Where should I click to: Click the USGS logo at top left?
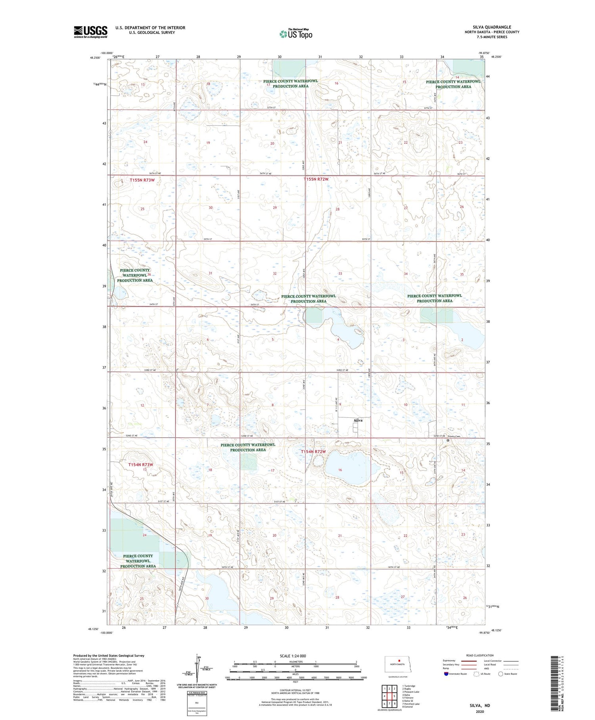[x=90, y=32]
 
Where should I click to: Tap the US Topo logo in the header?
[x=296, y=34]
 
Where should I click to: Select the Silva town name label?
[x=358, y=420]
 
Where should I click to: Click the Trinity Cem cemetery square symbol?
[x=448, y=440]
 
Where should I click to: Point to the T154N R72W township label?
[x=313, y=452]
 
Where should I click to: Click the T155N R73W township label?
[x=142, y=180]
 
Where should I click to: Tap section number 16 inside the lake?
[x=340, y=470]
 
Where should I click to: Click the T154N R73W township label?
[x=140, y=464]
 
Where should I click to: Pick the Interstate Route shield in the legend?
[x=446, y=674]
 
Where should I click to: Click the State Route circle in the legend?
[x=501, y=674]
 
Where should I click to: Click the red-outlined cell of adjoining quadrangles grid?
[x=394, y=696]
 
